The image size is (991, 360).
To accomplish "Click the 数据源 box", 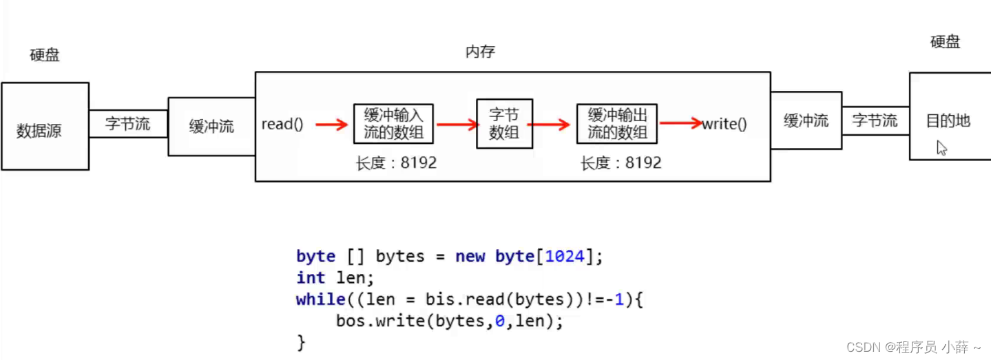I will point(45,127).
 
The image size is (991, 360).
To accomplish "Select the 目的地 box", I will point(950,116).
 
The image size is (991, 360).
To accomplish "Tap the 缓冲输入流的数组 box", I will point(393,124).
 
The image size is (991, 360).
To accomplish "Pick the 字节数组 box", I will point(504,124).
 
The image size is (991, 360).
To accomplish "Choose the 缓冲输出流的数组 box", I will point(617,124).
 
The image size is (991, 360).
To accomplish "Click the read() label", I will point(282,125).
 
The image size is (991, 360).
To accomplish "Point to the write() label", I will point(724,125).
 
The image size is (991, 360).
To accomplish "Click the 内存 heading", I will point(480,52).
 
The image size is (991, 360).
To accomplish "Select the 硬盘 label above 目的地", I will point(945,42).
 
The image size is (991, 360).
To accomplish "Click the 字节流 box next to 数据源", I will point(128,124).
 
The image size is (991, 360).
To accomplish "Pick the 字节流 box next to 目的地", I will point(875,121).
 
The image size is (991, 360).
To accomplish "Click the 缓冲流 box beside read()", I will point(211,127).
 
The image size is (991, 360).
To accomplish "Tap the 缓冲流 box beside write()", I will point(806,121).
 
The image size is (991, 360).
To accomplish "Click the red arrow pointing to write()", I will point(680,124).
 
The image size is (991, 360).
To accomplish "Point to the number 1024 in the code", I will point(564,256).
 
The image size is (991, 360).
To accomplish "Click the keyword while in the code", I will point(320,299).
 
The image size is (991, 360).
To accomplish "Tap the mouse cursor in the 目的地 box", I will point(941,147).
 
